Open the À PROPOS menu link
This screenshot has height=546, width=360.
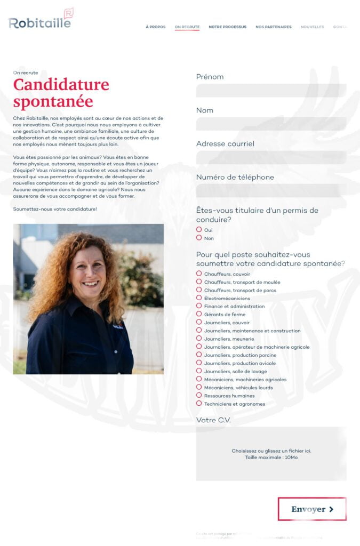tap(156, 27)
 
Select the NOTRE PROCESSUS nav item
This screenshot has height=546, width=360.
tap(227, 27)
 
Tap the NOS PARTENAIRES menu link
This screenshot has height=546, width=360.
tap(274, 27)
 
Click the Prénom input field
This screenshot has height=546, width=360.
tap(271, 90)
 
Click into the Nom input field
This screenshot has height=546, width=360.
tap(271, 124)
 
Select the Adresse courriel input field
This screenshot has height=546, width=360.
tap(271, 157)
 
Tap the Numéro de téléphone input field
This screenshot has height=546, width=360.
tap(271, 191)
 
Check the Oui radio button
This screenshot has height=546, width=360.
tap(199, 230)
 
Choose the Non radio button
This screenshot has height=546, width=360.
tap(199, 238)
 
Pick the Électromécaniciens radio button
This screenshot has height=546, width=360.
tap(199, 298)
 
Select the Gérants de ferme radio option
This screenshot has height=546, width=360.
tap(199, 314)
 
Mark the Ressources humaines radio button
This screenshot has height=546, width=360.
tap(199, 395)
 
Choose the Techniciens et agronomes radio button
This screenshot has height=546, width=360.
tap(199, 404)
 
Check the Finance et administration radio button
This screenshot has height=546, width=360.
tap(199, 306)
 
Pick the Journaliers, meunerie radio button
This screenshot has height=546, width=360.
tap(199, 339)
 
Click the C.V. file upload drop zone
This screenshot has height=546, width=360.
tap(271, 454)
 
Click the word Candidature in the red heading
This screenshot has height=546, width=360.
tap(61, 84)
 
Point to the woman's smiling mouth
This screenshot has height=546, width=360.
tap(90, 284)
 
